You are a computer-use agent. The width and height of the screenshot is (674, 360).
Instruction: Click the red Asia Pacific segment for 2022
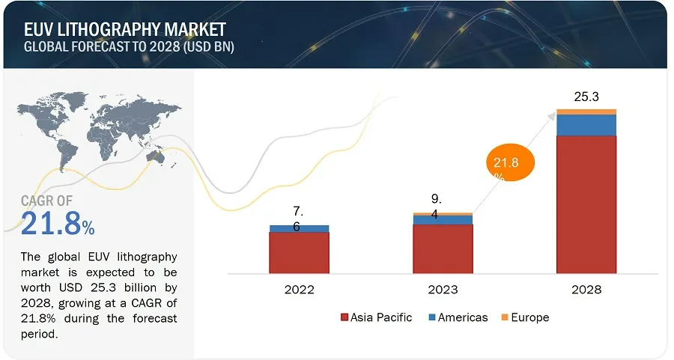point(299,253)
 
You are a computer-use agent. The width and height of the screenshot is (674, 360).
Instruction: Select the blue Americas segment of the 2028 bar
point(586,125)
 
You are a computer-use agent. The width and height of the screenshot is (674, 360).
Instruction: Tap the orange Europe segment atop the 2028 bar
point(586,112)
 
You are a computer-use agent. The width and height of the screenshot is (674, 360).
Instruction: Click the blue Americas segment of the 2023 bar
point(443,220)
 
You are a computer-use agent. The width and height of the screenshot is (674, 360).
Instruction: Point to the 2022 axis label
point(299,290)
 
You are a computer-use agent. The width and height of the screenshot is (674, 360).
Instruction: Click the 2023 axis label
point(443,290)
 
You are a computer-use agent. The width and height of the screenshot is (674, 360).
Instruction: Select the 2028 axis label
point(586,290)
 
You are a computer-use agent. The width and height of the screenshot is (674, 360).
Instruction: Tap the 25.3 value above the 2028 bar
point(586,97)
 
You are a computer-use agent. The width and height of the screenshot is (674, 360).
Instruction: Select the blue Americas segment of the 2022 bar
point(299,228)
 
